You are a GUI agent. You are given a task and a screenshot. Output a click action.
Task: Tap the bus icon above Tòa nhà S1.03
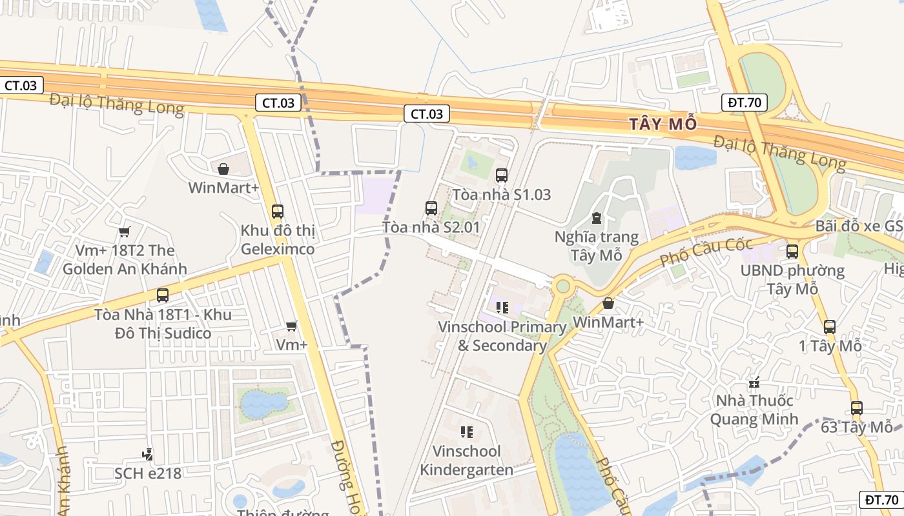pos(501,175)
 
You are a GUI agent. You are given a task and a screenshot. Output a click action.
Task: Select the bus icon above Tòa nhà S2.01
pos(431,208)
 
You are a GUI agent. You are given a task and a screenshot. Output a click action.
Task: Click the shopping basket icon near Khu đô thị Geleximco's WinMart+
pos(223,169)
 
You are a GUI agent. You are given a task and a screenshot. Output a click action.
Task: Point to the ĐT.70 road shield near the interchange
pos(744,102)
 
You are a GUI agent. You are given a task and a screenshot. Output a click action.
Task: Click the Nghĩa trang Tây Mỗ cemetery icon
pos(596,219)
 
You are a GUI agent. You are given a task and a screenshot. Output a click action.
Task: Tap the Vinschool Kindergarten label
pos(466,460)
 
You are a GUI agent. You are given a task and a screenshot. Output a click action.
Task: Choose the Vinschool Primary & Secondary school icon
pos(502,308)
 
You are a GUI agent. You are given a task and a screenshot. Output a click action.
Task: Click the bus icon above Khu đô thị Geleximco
pos(278,211)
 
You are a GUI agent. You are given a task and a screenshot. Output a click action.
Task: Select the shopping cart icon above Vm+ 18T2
pos(125,232)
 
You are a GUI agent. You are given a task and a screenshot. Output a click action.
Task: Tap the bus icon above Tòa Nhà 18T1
pos(163,295)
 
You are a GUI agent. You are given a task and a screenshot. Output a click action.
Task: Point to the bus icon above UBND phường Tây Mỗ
pos(792,252)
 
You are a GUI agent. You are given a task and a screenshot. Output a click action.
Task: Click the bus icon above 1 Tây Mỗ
pos(830,327)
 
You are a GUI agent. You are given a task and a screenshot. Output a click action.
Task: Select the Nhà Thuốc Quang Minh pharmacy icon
pos(754,382)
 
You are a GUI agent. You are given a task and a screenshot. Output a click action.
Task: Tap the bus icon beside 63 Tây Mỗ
pos(857,408)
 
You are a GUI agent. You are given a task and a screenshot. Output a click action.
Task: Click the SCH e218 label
pos(148,473)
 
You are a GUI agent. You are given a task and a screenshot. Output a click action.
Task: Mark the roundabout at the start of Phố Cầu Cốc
pos(563,285)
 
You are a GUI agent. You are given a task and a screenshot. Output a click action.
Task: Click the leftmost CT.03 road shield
pos(21,85)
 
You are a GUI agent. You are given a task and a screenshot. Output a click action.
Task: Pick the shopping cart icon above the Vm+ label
pos(292,326)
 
